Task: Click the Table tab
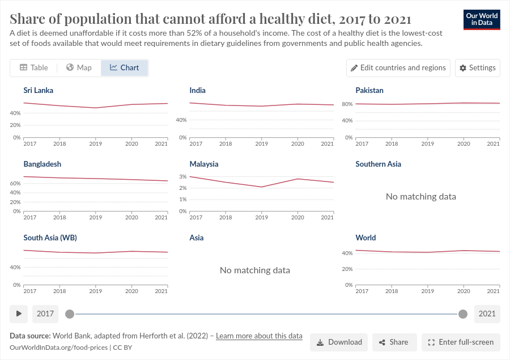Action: [x=33, y=67]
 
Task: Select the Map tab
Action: [x=78, y=67]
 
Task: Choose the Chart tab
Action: [x=124, y=67]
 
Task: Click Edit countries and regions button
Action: [x=398, y=67]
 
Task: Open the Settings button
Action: [x=477, y=67]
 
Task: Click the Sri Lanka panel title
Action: [x=39, y=90]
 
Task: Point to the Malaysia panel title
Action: [x=204, y=164]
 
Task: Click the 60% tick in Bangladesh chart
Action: [x=16, y=184]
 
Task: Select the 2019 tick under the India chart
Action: [x=261, y=143]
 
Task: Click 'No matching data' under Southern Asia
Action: [x=420, y=197]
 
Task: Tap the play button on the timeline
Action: [x=19, y=314]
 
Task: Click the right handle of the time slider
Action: [x=463, y=314]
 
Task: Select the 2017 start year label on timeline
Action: [x=45, y=314]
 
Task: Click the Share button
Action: [x=393, y=342]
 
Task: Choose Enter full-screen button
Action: [x=461, y=342]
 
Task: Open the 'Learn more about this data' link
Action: [x=259, y=336]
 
